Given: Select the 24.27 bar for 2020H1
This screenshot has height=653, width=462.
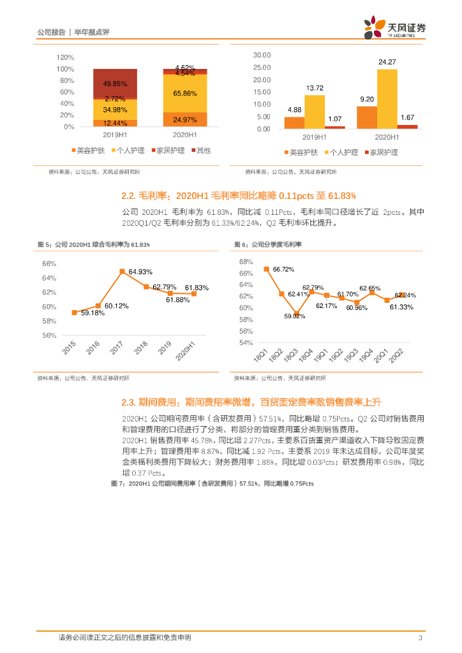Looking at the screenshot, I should (387, 99).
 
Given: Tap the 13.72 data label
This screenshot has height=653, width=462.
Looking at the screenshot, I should (315, 88).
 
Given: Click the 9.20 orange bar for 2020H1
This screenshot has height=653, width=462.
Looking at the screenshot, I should (366, 118).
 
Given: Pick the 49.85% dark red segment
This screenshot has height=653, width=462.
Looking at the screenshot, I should (115, 84).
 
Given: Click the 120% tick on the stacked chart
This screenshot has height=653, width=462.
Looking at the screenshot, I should (65, 57).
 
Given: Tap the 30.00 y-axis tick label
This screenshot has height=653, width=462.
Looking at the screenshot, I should (262, 55).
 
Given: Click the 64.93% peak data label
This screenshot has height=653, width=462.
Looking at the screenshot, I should (140, 272).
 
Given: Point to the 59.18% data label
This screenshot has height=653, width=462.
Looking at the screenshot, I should (93, 313).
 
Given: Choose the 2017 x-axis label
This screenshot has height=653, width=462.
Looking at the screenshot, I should (116, 348).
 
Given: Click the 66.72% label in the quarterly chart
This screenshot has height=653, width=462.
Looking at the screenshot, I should (283, 269).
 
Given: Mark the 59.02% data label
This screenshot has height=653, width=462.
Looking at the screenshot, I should (295, 316).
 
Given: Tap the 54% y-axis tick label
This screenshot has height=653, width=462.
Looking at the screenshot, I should (246, 342).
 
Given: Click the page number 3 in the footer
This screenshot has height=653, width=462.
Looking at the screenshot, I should (420, 638).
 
